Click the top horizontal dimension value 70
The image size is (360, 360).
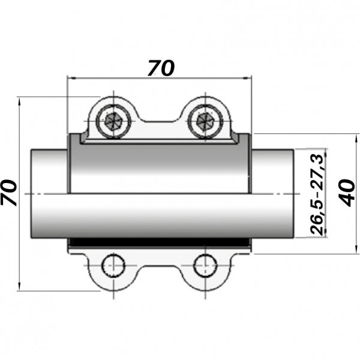click(x=160, y=68)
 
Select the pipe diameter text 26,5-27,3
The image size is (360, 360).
click(x=316, y=193)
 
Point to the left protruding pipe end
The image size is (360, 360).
click(x=48, y=194)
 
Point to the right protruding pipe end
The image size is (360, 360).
click(x=274, y=194)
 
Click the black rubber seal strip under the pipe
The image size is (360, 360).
click(x=159, y=242)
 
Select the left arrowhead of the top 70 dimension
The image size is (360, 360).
click(x=70, y=78)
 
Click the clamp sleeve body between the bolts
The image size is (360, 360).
click(x=159, y=168)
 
